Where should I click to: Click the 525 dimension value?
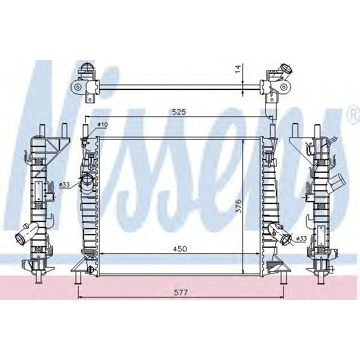pyautogui.click(x=179, y=112)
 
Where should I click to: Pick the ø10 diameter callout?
pyautogui.click(x=103, y=124)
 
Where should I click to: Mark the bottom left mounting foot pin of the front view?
pyautogui.click(x=77, y=277)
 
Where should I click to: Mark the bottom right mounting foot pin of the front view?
pyautogui.click(x=282, y=277)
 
